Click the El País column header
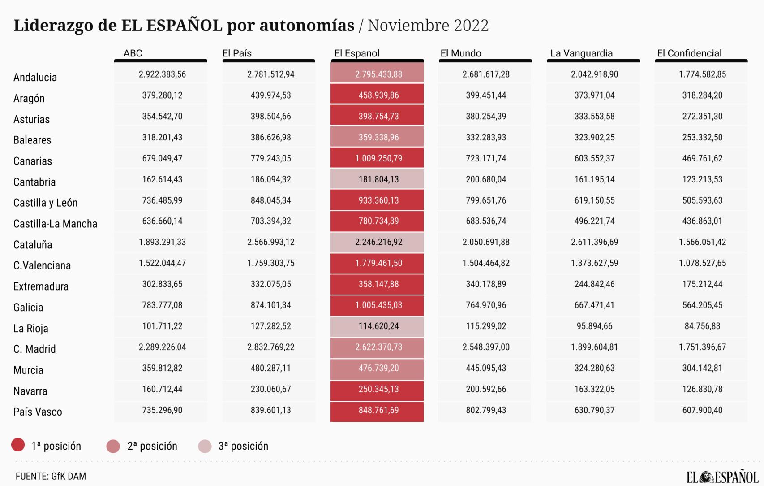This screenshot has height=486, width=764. pyautogui.click(x=237, y=53)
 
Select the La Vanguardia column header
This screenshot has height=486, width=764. pyautogui.click(x=581, y=53)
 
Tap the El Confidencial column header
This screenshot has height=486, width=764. pyautogui.click(x=689, y=53)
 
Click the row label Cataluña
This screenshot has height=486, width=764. pyautogui.click(x=33, y=245)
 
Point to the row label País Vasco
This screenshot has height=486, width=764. pyautogui.click(x=38, y=412)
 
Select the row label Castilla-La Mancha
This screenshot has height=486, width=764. pyautogui.click(x=55, y=224)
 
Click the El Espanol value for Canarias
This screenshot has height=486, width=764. pyautogui.click(x=378, y=158)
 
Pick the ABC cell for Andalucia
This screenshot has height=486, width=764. pyautogui.click(x=162, y=74)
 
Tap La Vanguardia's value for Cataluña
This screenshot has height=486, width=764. pyautogui.click(x=594, y=242)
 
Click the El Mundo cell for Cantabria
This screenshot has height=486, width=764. pyautogui.click(x=486, y=179)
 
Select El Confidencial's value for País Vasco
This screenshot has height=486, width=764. pyautogui.click(x=702, y=410)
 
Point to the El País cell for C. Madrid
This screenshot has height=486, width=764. pyautogui.click(x=270, y=347)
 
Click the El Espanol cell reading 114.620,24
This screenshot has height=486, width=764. pyautogui.click(x=378, y=326)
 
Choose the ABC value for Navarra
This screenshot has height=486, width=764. pyautogui.click(x=162, y=389)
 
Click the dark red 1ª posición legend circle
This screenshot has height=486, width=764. pyautogui.click(x=18, y=445)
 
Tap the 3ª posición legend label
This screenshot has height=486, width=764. pyautogui.click(x=243, y=446)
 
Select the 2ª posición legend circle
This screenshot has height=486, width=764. pyautogui.click(x=113, y=446)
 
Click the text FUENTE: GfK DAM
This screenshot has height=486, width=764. pyautogui.click(x=51, y=476)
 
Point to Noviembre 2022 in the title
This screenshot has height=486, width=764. pyautogui.click(x=428, y=26)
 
